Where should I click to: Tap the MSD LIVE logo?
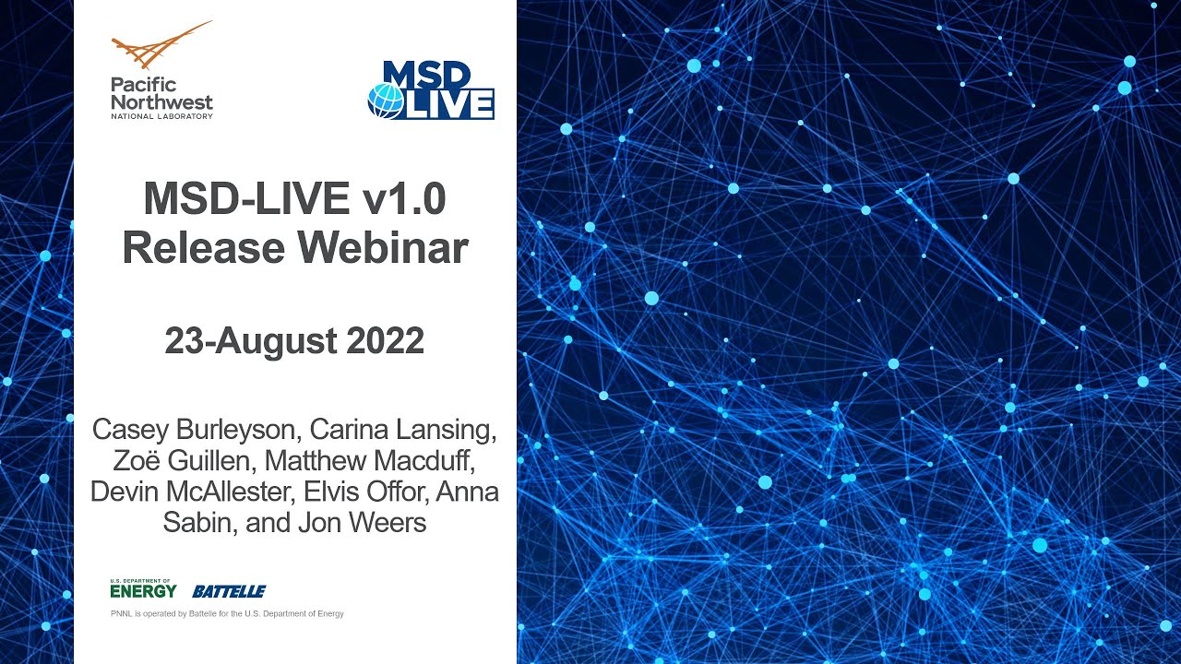click(432, 90)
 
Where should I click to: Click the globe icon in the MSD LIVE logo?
click(386, 101)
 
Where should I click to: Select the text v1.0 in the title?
click(405, 199)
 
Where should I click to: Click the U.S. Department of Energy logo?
click(143, 587)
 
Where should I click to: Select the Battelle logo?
click(229, 591)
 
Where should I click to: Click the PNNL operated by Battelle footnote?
click(227, 613)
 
